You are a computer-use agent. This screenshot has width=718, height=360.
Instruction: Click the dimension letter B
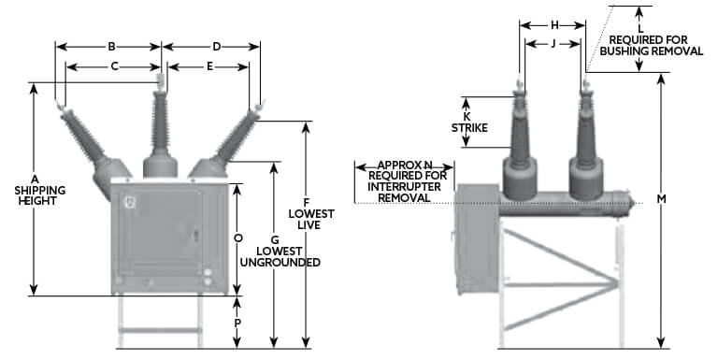pos(110,45)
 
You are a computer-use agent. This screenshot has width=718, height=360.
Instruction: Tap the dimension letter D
pos(216,45)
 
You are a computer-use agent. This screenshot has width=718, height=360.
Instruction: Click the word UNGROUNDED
pos(279,263)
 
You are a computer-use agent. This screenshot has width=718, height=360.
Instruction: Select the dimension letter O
pos(238,238)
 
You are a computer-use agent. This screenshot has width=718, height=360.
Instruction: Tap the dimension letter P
pos(238,321)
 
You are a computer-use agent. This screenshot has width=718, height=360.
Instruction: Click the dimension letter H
pos(554,24)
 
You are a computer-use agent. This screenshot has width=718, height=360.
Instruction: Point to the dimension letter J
pos(553,43)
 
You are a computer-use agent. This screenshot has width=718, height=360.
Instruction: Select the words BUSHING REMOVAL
pos(653,51)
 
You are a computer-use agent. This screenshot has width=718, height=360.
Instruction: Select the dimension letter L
pos(640,28)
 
